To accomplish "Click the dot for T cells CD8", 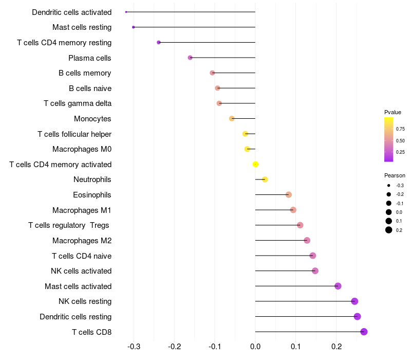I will pyautogui.click(x=364, y=332).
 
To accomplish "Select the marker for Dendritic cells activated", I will pyautogui.click(x=126, y=12).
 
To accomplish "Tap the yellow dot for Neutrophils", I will pyautogui.click(x=265, y=179).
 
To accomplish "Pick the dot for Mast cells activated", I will pyautogui.click(x=338, y=286).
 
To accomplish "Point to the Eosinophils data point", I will pyautogui.click(x=289, y=195).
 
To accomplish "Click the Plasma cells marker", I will pyautogui.click(x=190, y=58).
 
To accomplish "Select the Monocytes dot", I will pyautogui.click(x=232, y=119).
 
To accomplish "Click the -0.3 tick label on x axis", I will pyautogui.click(x=134, y=347).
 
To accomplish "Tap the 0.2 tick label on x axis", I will pyautogui.click(x=336, y=347).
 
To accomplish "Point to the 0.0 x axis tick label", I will pyautogui.click(x=255, y=347).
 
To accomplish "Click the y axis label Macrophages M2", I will pyautogui.click(x=82, y=241).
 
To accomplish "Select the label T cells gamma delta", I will pyautogui.click(x=78, y=103).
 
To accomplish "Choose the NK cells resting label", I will pyautogui.click(x=85, y=301).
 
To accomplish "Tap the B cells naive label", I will pyautogui.click(x=90, y=88).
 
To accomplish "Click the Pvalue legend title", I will pyautogui.click(x=393, y=112).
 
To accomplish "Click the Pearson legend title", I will pyautogui.click(x=395, y=175).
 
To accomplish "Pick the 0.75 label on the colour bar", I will pyautogui.click(x=400, y=129).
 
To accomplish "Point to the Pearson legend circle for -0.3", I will pyautogui.click(x=389, y=185).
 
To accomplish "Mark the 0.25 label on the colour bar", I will pyautogui.click(x=400, y=152).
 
